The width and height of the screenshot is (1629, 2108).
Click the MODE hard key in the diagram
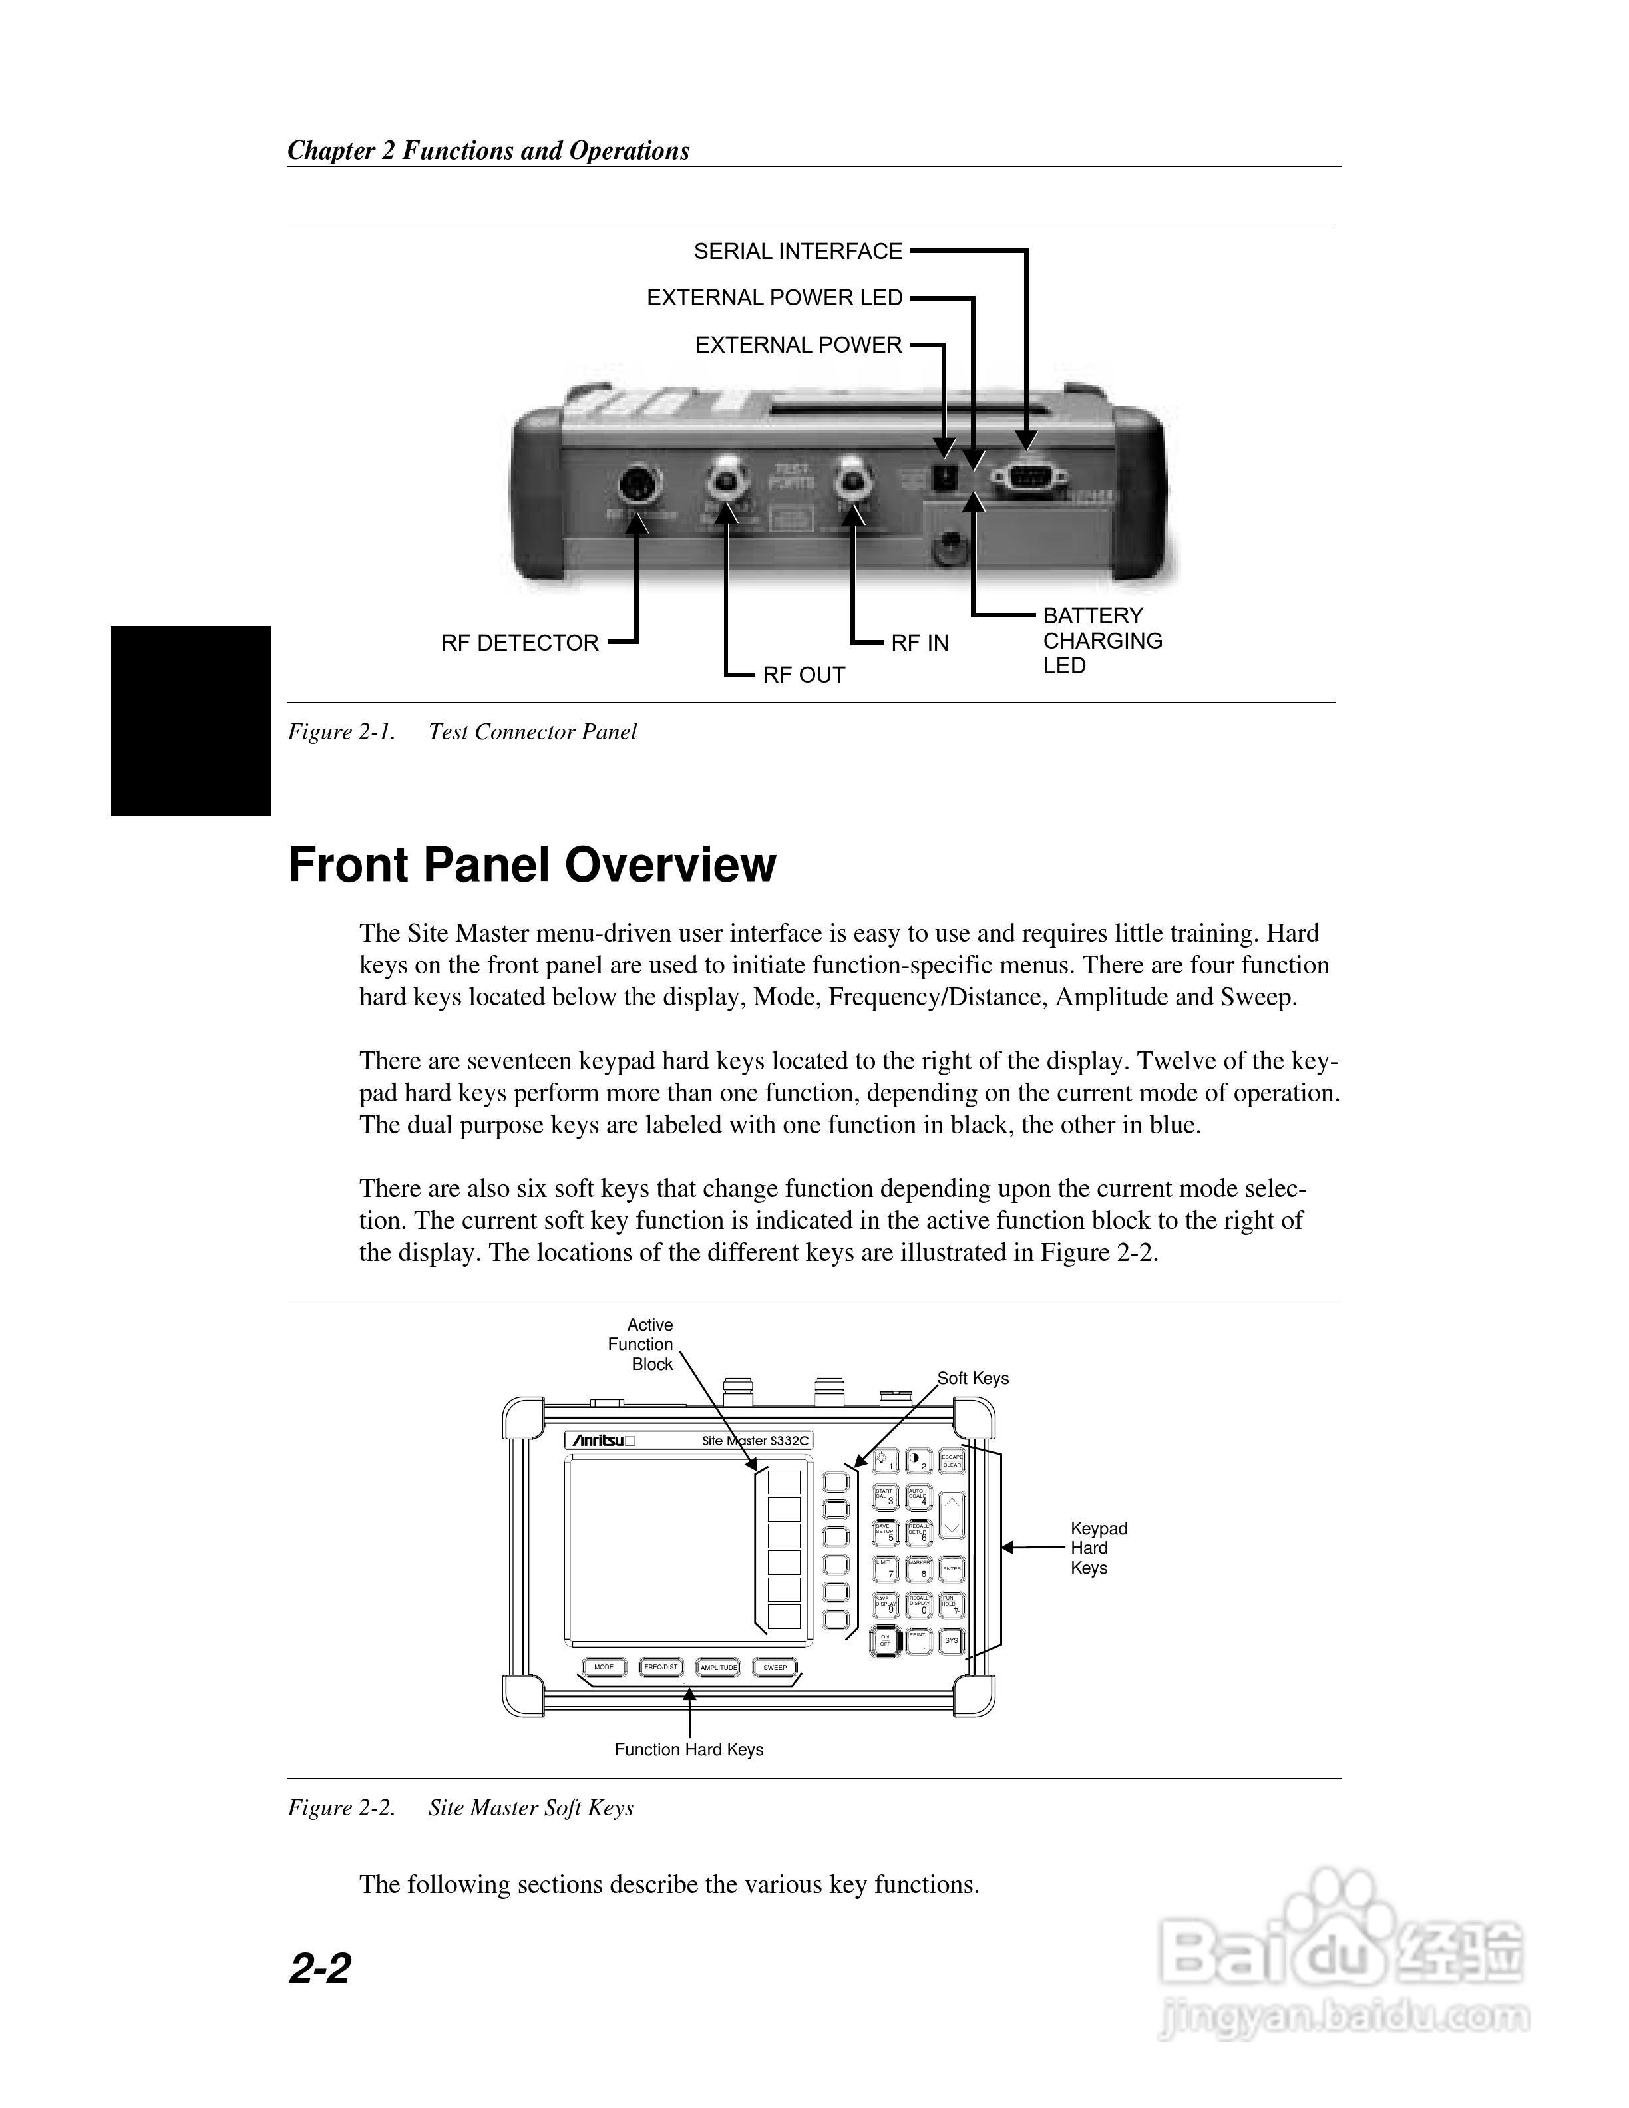click(x=604, y=1667)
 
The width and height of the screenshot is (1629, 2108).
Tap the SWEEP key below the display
click(x=775, y=1667)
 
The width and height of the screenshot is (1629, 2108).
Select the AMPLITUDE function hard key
click(x=718, y=1667)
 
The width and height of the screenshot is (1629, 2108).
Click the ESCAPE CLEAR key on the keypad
click(x=952, y=1461)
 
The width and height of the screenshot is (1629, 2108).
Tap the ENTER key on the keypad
click(x=952, y=1568)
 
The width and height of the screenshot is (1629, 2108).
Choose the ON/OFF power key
click(x=885, y=1640)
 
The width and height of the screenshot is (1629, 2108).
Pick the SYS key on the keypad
click(x=952, y=1640)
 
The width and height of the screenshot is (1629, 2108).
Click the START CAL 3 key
click(x=885, y=1497)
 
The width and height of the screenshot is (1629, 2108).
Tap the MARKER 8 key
click(x=919, y=1568)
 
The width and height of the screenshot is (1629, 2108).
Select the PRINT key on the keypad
click(x=919, y=1640)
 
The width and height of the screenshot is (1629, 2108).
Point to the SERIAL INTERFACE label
click(x=798, y=252)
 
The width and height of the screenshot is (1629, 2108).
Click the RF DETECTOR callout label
click(x=520, y=643)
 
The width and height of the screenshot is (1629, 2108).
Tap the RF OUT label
click(x=804, y=675)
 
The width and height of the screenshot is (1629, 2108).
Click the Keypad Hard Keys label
click(x=1098, y=1548)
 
